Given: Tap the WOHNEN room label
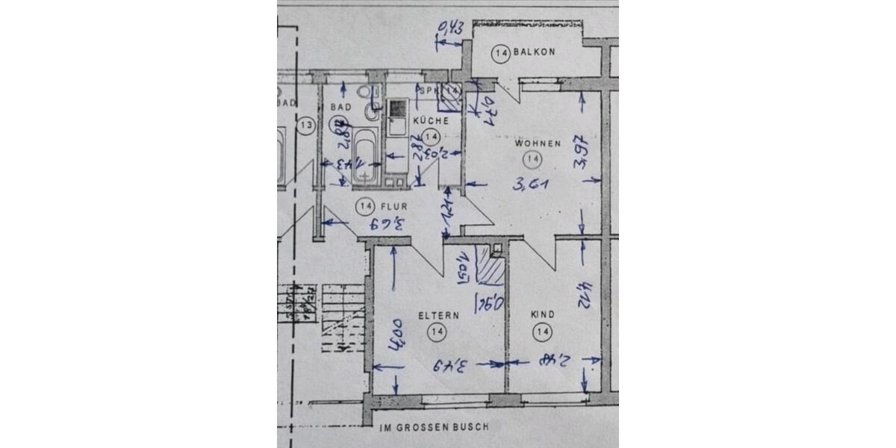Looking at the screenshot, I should tap(537, 143).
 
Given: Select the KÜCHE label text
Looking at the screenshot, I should tap(430, 120).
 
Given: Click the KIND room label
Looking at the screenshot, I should tap(542, 315).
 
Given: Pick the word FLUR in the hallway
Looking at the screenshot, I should tap(393, 205).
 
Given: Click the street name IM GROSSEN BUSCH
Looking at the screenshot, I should tap(434, 428).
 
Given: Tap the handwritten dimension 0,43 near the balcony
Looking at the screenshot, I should tap(451, 28).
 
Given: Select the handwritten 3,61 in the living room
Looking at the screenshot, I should tap(530, 181).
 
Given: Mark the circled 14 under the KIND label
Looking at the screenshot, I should tap(543, 331).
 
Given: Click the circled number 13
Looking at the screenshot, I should tap(305, 125).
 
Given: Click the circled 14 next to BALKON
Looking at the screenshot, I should tap(501, 53).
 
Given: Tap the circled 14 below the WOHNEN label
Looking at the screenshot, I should tap(532, 158).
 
